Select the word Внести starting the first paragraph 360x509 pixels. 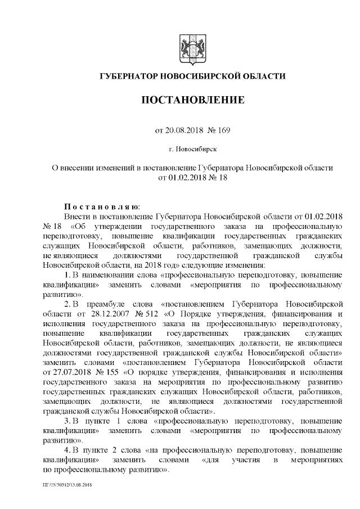tap(76, 216)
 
